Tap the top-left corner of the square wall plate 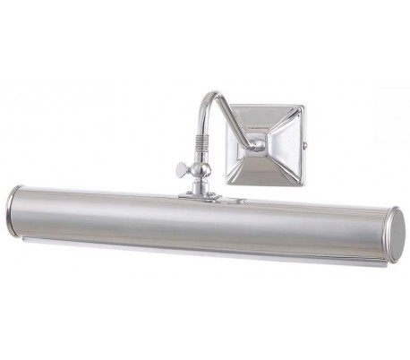[228, 105]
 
